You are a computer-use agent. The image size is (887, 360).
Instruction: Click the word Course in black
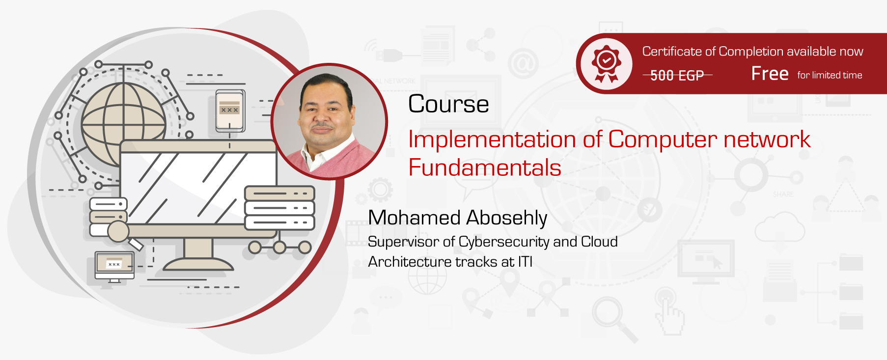tap(448, 104)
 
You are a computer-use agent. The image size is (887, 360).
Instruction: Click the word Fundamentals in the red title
tap(484, 168)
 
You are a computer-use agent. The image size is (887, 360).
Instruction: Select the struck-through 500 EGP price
tap(677, 75)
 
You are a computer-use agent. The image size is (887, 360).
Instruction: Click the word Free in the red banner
tap(770, 74)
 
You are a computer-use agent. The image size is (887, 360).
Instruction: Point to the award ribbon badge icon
tap(607, 64)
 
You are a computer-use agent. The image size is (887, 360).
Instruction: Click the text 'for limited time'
tap(830, 75)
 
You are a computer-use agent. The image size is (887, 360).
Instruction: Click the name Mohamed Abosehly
tap(457, 218)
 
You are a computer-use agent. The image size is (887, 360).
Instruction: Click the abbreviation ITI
tap(525, 262)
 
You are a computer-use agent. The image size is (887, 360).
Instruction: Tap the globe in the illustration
tap(123, 124)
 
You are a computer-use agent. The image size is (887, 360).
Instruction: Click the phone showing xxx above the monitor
tap(229, 111)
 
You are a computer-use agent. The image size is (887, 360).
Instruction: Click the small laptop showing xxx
tap(114, 266)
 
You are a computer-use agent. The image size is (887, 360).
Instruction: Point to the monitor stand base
tap(198, 264)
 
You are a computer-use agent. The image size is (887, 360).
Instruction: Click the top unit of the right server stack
tap(279, 193)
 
